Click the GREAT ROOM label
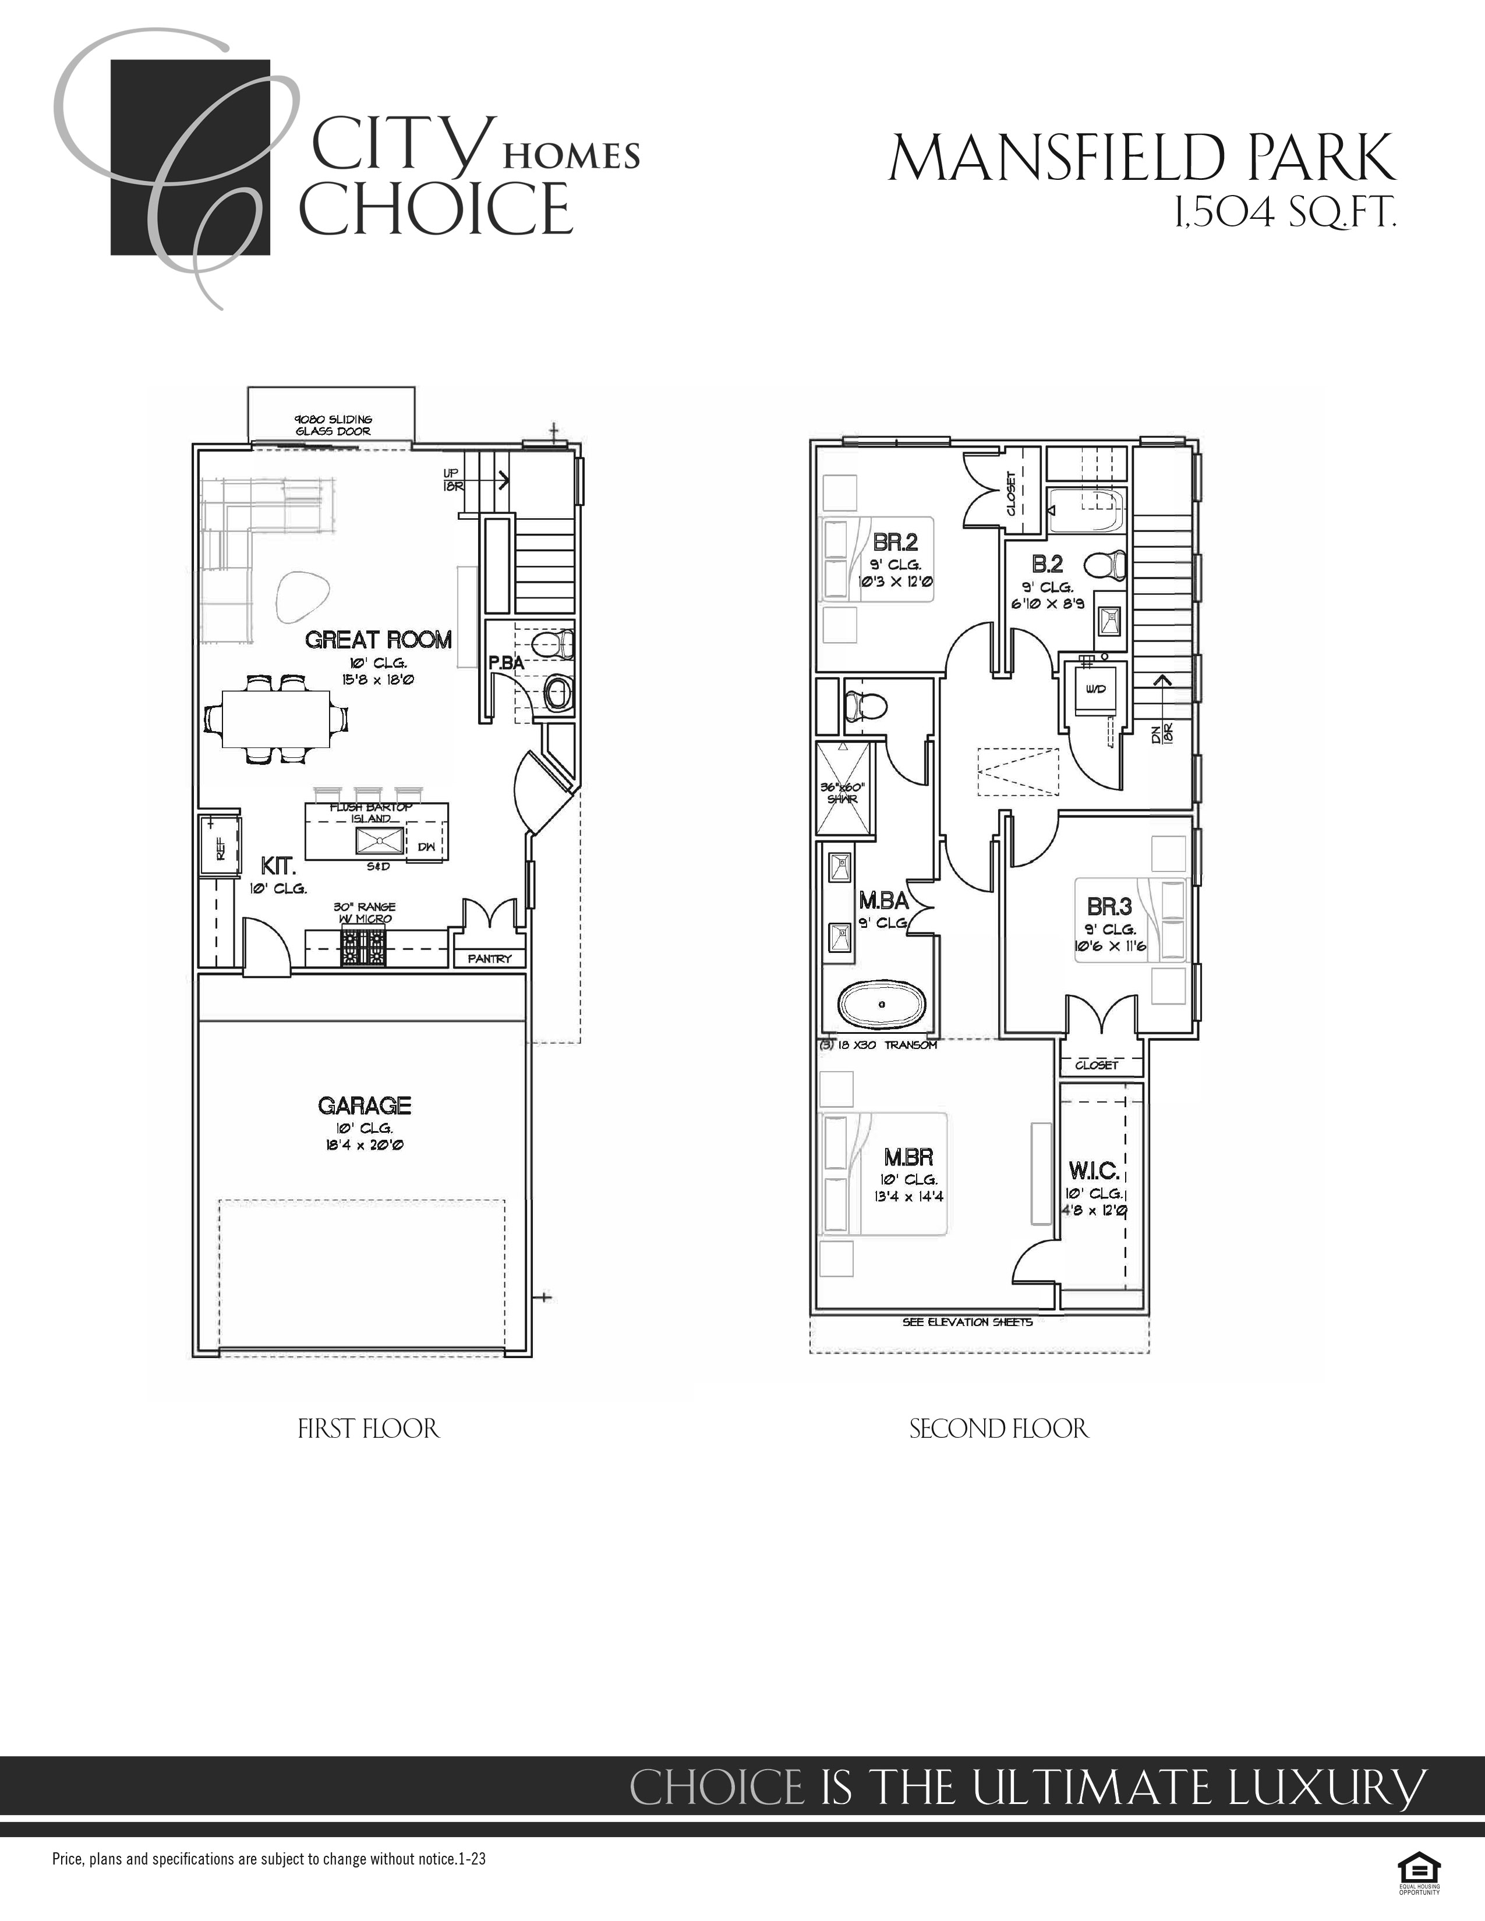tap(379, 639)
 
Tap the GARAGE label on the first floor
tap(364, 1105)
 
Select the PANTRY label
tap(489, 959)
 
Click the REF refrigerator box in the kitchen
tap(220, 847)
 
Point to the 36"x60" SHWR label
tap(843, 792)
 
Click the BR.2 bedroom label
tap(896, 542)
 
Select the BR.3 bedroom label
tap(1109, 906)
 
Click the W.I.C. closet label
tap(1094, 1171)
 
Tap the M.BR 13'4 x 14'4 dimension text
tap(910, 1196)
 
